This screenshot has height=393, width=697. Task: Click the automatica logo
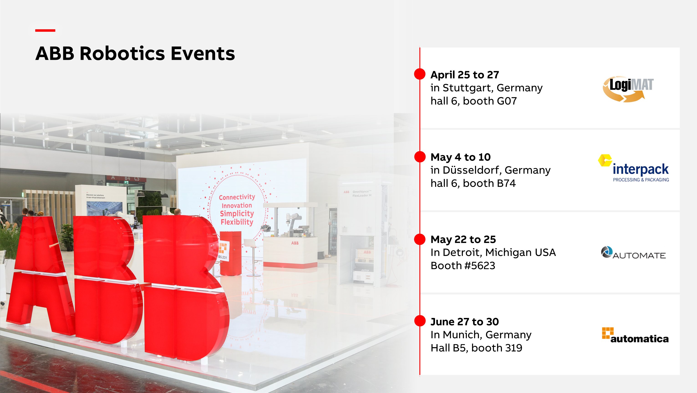click(x=635, y=335)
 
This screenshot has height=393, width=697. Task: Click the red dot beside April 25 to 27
click(x=420, y=74)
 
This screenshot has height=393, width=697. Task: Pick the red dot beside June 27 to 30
click(x=420, y=321)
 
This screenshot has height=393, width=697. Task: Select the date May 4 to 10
click(x=460, y=157)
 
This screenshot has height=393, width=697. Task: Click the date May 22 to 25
click(x=463, y=239)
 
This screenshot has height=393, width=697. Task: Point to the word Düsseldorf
click(x=472, y=170)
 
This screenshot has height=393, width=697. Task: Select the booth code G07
click(x=506, y=101)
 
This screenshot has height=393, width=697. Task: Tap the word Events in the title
click(x=203, y=53)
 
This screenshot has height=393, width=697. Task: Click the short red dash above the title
click(x=45, y=30)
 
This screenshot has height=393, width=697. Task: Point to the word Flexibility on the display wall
click(x=237, y=222)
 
